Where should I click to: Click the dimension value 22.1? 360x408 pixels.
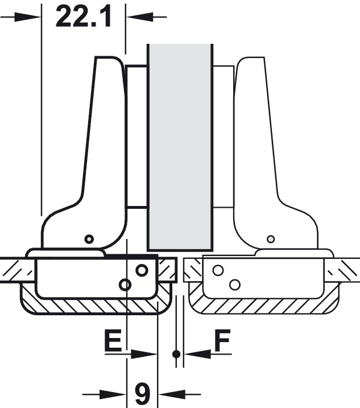pyautogui.click(x=84, y=17)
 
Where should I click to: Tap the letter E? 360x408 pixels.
pyautogui.click(x=113, y=340)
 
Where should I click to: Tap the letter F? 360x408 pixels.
pyautogui.click(x=222, y=340)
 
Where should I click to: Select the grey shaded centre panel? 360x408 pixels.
pyautogui.click(x=180, y=147)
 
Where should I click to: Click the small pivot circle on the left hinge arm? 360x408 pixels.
pyautogui.click(x=89, y=238)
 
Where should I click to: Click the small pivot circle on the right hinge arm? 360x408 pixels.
pyautogui.click(x=271, y=238)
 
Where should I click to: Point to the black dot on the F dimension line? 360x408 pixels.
pyautogui.click(x=176, y=354)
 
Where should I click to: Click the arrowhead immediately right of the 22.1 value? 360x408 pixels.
pyautogui.click(x=140, y=17)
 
